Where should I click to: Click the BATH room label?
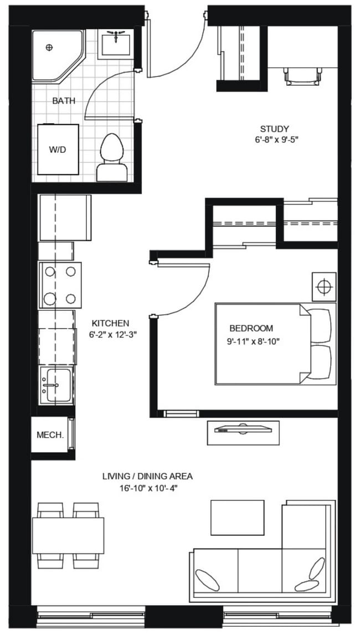(64, 101)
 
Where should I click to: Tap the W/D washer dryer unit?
(58, 149)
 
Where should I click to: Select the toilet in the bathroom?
(111, 156)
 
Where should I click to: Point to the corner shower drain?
(49, 47)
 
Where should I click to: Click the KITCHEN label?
(110, 323)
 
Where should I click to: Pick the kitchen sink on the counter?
(56, 386)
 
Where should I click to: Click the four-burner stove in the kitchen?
(60, 285)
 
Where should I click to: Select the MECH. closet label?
(50, 435)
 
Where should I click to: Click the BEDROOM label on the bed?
(251, 328)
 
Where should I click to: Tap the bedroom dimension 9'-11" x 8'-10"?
(253, 341)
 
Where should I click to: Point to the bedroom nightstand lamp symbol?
(323, 287)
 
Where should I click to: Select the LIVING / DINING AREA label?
(147, 476)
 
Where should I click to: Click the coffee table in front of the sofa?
(237, 517)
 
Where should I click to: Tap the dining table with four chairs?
(68, 535)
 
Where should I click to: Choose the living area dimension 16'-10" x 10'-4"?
(147, 488)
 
